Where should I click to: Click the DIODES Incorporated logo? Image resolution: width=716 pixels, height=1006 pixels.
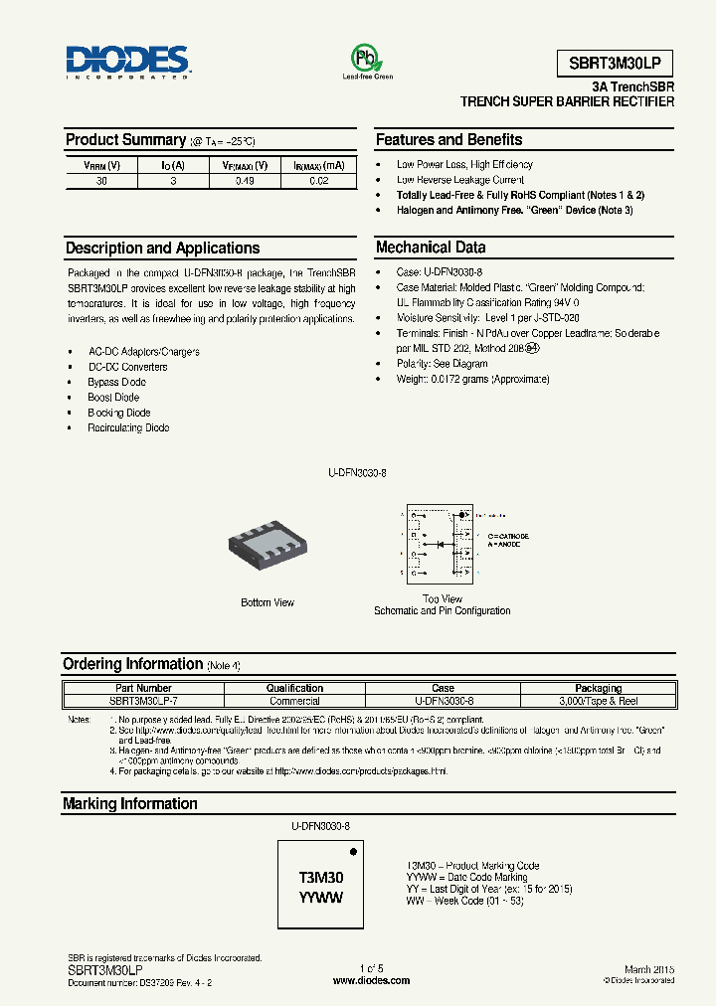pyautogui.click(x=126, y=62)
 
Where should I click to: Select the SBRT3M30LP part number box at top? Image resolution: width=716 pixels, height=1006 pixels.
pyautogui.click(x=615, y=63)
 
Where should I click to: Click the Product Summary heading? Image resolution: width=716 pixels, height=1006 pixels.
pyautogui.click(x=125, y=140)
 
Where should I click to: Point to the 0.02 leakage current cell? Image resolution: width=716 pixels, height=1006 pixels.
pyautogui.click(x=319, y=181)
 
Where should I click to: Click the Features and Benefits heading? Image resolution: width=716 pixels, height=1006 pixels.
pyautogui.click(x=448, y=140)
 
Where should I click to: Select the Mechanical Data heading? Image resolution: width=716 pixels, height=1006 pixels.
pyautogui.click(x=431, y=248)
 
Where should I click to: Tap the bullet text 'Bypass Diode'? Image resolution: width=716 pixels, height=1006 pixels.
pyautogui.click(x=117, y=382)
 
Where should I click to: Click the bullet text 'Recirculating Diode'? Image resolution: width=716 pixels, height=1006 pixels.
pyautogui.click(x=129, y=427)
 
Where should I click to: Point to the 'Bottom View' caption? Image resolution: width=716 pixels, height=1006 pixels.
pyautogui.click(x=268, y=602)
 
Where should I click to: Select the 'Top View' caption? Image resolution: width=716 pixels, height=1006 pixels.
pyautogui.click(x=443, y=598)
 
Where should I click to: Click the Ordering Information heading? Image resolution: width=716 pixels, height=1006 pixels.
pyautogui.click(x=132, y=664)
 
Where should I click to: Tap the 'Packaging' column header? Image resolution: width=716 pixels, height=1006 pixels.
pyautogui.click(x=599, y=688)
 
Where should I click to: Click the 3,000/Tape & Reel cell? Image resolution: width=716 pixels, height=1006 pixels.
pyautogui.click(x=599, y=701)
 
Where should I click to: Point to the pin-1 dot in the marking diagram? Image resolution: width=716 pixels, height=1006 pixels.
pyautogui.click(x=351, y=852)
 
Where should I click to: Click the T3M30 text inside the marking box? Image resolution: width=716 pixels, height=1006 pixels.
pyautogui.click(x=321, y=878)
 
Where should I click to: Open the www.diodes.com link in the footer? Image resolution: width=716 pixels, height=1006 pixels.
pyautogui.click(x=371, y=980)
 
